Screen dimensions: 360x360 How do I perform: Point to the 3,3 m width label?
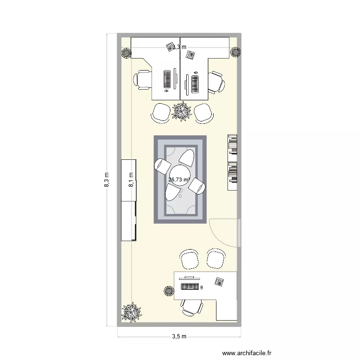[x=179, y=47]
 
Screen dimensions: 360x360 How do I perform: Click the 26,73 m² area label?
[x=180, y=180]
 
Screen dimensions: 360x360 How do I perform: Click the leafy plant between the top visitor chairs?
[x=182, y=111]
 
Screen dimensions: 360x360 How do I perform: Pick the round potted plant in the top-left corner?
[x=126, y=53]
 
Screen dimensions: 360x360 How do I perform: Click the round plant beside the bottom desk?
[x=169, y=291]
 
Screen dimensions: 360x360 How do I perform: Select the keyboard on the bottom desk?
[x=190, y=287]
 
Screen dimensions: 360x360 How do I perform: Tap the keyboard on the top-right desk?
[x=195, y=84]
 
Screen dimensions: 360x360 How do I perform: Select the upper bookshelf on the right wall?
[x=232, y=145]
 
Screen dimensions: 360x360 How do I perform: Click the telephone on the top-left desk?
[x=170, y=47]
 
